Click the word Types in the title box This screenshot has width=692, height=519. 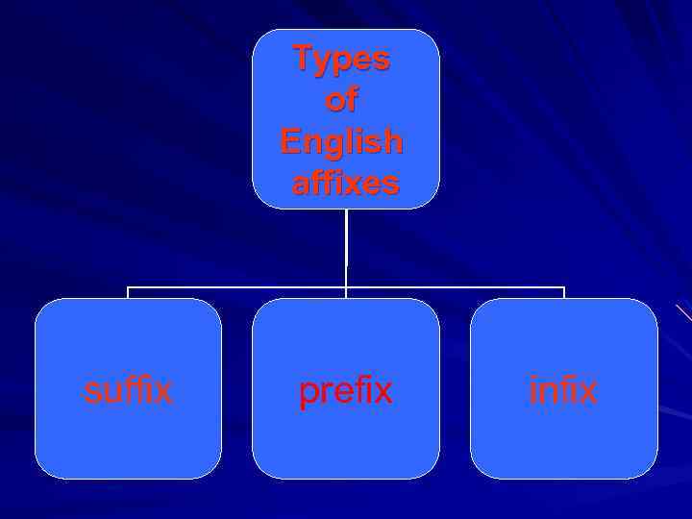coord(342,59)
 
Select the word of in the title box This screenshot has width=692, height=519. coord(342,100)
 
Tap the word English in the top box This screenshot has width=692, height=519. coord(342,142)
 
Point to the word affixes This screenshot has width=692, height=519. coord(345,183)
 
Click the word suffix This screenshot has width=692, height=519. coord(128,390)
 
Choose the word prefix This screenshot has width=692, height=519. coord(345,390)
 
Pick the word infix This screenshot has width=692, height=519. coord(563,390)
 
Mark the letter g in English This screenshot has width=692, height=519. coord(343,145)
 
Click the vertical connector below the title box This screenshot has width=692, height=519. coord(346,245)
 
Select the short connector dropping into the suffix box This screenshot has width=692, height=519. coord(128,292)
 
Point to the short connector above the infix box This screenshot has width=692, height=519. coord(564,292)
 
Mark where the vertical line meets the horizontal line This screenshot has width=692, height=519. coord(346,286)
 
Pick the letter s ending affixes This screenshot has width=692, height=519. coord(390,184)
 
